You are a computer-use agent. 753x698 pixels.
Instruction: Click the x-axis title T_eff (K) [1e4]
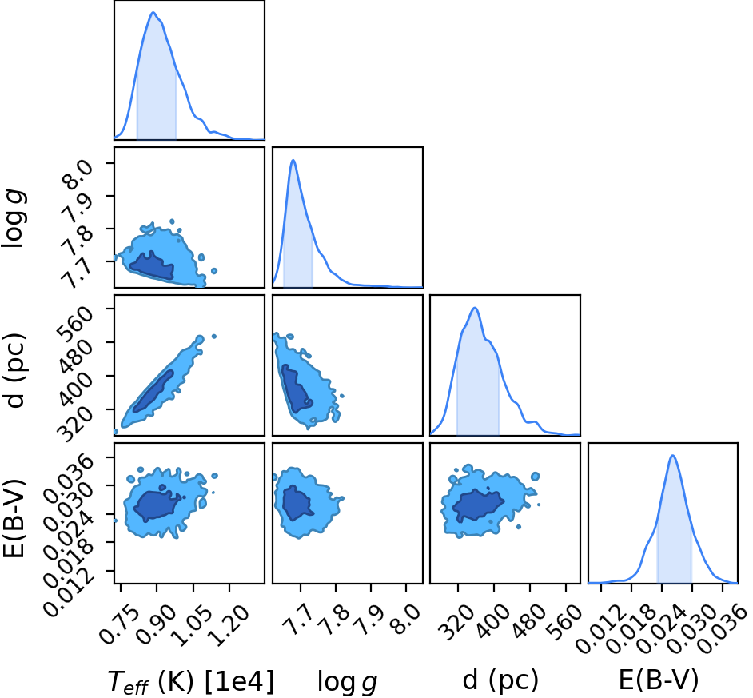click(191, 681)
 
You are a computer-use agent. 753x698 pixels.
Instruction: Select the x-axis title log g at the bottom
click(347, 682)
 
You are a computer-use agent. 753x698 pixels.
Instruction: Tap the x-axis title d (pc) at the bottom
click(500, 680)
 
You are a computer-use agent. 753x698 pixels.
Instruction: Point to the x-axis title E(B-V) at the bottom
click(659, 680)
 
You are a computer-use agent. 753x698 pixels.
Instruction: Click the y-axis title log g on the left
click(14, 219)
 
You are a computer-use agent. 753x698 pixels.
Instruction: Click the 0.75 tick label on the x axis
click(120, 624)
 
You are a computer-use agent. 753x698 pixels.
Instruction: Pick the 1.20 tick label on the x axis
click(229, 624)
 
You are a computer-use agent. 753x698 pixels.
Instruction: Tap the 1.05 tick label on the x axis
click(193, 624)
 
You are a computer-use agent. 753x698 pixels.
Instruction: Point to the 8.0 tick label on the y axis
click(78, 173)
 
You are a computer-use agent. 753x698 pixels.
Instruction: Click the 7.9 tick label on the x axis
click(370, 616)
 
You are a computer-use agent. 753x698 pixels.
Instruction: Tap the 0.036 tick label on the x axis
click(723, 626)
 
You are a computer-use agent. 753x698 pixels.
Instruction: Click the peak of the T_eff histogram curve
click(153, 12)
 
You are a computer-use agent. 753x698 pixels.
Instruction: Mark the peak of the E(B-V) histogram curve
click(672, 455)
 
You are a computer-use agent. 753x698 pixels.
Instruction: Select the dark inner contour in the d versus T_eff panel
click(153, 391)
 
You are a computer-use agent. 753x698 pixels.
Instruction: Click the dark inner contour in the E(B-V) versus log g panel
click(297, 502)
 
